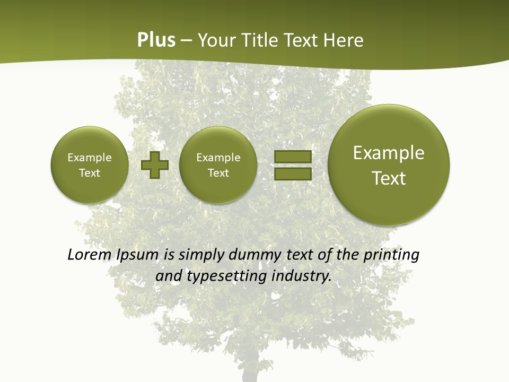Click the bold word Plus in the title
tap(156, 40)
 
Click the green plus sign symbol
tap(155, 166)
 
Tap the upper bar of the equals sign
tap(292, 157)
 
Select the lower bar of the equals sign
tap(292, 173)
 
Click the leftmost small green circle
tap(89, 165)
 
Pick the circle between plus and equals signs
tap(218, 165)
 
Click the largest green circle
tap(389, 165)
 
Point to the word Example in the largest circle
tap(389, 153)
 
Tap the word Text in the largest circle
tap(389, 178)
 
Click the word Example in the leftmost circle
tap(89, 158)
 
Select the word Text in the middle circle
tap(218, 173)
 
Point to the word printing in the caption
tap(393, 255)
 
